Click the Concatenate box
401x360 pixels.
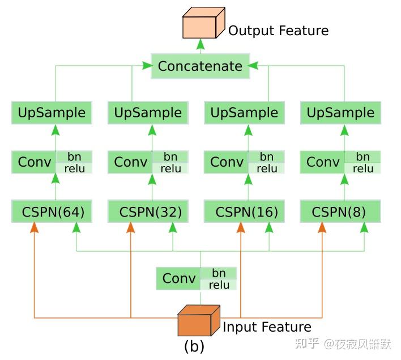point(199,66)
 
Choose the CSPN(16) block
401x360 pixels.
point(245,212)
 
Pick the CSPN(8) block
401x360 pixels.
point(340,212)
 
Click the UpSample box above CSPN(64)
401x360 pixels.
point(52,113)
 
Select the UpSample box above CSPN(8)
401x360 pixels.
point(340,113)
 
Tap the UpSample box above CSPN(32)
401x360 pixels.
point(148,113)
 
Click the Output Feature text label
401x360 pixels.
point(278,30)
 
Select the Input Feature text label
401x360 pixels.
point(267,327)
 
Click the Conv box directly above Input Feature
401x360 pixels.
point(179,278)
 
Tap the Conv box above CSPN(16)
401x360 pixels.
point(227,162)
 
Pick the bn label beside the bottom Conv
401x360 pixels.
point(219,273)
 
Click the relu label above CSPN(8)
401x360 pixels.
point(363,168)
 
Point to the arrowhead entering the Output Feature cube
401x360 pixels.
point(199,44)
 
